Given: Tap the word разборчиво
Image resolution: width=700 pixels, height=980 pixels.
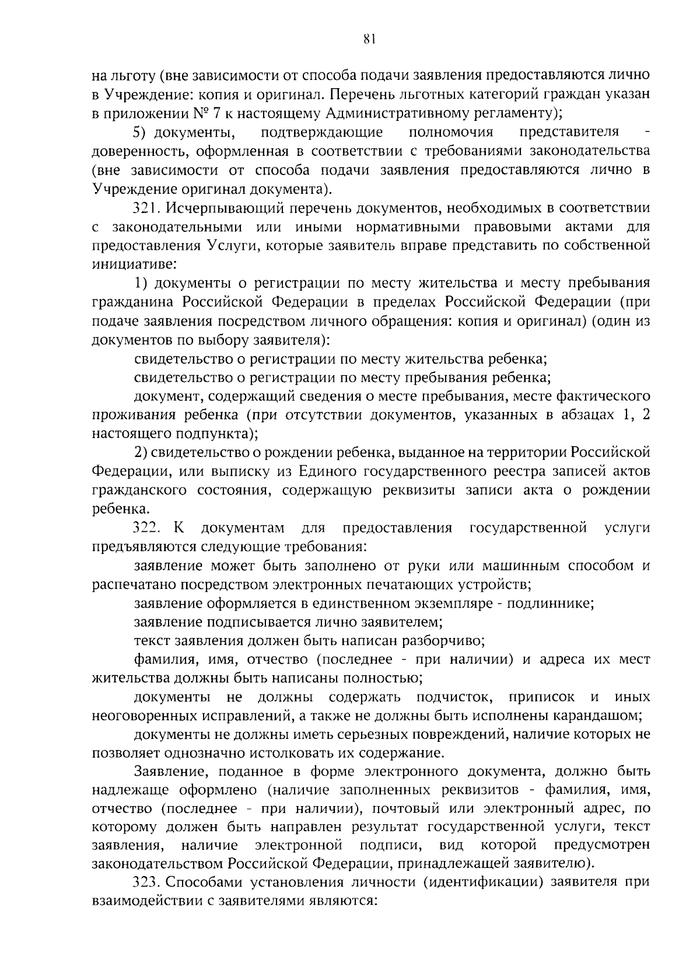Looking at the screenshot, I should pyautogui.click(x=443, y=641).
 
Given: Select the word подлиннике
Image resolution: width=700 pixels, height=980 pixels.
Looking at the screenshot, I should pyautogui.click(x=549, y=604).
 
